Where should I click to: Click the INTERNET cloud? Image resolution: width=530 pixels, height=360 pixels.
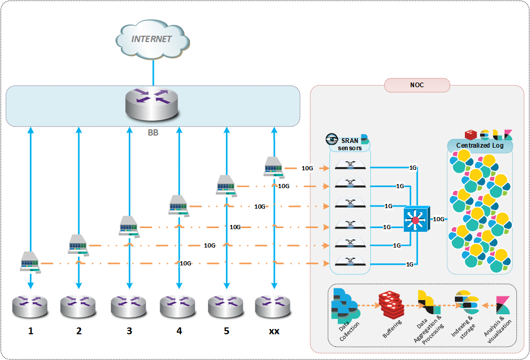point(152,40)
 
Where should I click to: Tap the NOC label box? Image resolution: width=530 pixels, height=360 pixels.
point(417,85)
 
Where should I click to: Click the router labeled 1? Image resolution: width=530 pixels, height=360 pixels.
point(30,306)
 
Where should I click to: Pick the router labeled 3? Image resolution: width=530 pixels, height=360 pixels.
point(129,306)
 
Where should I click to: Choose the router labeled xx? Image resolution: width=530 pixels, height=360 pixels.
point(273,306)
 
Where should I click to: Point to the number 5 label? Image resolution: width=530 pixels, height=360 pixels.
point(226,331)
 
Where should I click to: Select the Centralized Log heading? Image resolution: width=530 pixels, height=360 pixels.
point(480,145)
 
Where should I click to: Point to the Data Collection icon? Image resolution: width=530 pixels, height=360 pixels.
point(344,305)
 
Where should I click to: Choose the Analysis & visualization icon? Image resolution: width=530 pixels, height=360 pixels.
point(504,305)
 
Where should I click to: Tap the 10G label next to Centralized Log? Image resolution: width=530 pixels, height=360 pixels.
point(439,219)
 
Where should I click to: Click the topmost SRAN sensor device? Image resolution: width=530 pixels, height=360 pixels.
point(350,166)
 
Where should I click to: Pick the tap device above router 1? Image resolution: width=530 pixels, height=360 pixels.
point(30,261)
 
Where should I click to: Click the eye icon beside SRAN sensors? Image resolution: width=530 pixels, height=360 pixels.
point(332,139)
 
